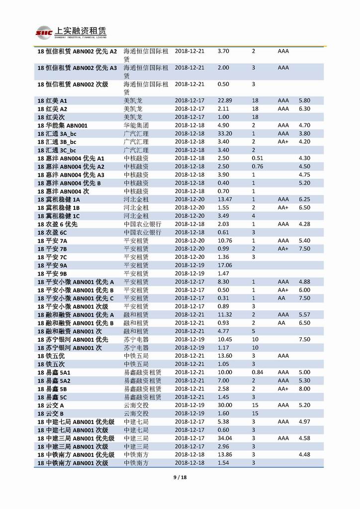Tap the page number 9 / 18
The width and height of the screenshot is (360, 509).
click(x=180, y=478)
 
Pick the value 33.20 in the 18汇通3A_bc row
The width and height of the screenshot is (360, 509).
click(x=225, y=134)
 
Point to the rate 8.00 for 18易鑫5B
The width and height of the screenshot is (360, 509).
click(x=304, y=389)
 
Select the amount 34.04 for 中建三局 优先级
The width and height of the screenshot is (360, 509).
click(x=225, y=438)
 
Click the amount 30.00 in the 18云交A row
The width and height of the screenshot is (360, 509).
click(x=225, y=406)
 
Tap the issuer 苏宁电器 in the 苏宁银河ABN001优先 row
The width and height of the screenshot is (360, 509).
click(x=136, y=339)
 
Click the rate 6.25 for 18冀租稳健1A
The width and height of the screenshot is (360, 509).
click(x=304, y=200)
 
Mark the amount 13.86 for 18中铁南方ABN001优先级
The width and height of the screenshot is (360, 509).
click(x=225, y=455)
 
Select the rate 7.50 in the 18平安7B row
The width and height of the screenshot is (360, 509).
click(x=304, y=249)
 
